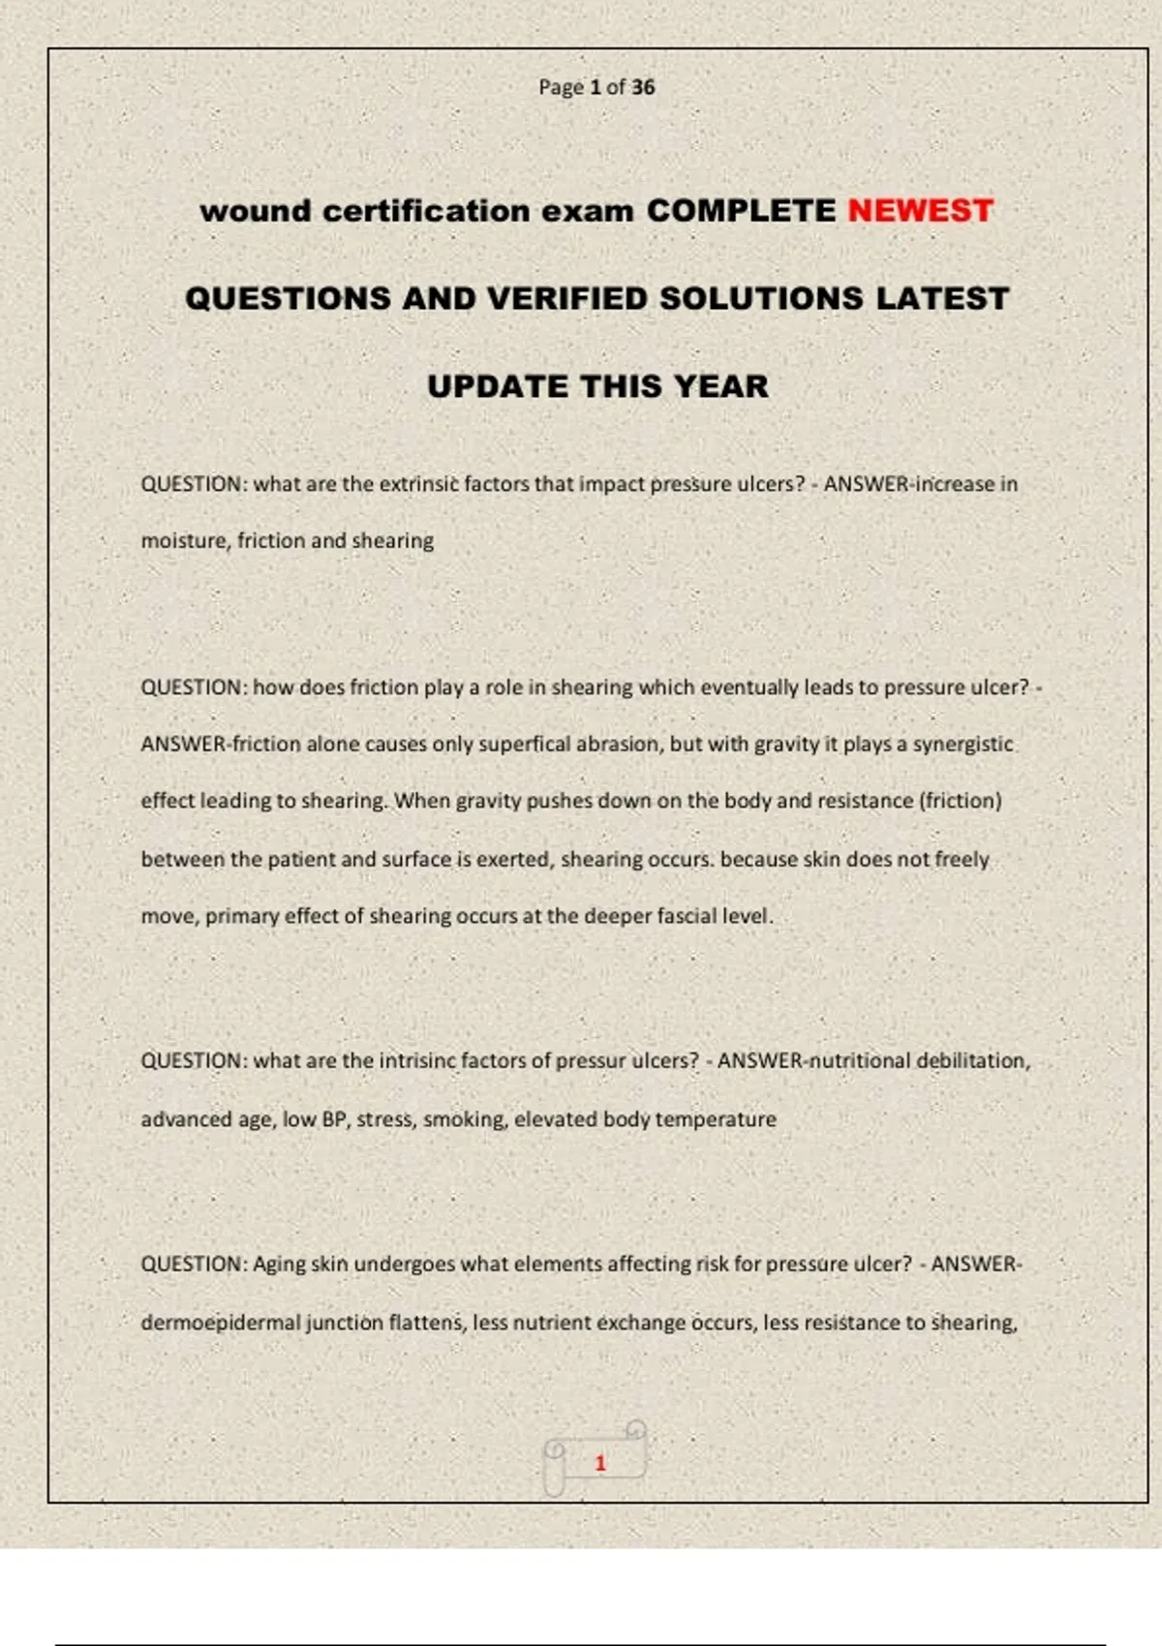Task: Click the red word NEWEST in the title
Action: (920, 211)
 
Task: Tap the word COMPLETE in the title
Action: (741, 211)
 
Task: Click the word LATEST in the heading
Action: (942, 298)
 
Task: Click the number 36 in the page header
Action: (643, 87)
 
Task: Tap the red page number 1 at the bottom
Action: (600, 1463)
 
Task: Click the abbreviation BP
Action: (334, 1119)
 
